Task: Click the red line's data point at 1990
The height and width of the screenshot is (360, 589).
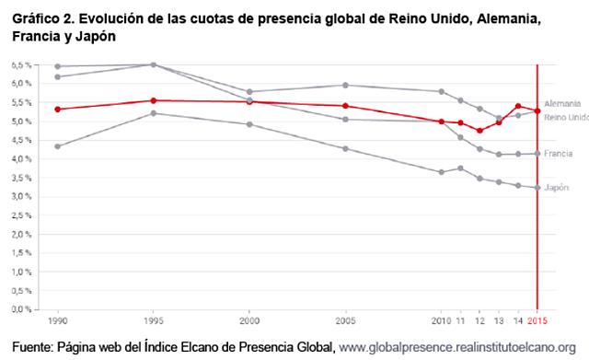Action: point(58,109)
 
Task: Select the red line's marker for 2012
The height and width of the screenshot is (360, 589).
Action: point(479,131)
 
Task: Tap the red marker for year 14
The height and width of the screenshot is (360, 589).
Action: point(519,106)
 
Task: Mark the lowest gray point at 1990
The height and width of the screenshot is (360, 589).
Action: point(58,146)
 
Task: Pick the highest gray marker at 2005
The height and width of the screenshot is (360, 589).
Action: point(345,85)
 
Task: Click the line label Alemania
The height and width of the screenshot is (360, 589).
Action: point(562,104)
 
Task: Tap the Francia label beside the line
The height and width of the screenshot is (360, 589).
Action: point(559,154)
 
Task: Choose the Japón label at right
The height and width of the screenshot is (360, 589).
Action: point(557,187)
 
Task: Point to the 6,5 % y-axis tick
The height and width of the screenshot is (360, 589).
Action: point(21,65)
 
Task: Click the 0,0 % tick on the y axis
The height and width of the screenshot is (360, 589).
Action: point(21,308)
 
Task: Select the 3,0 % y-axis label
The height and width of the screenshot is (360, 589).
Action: point(21,196)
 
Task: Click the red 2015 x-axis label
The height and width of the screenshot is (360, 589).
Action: point(537,322)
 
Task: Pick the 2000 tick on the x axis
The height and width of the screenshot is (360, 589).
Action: point(248,322)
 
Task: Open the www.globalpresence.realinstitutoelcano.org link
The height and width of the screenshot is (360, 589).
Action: point(458,346)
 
